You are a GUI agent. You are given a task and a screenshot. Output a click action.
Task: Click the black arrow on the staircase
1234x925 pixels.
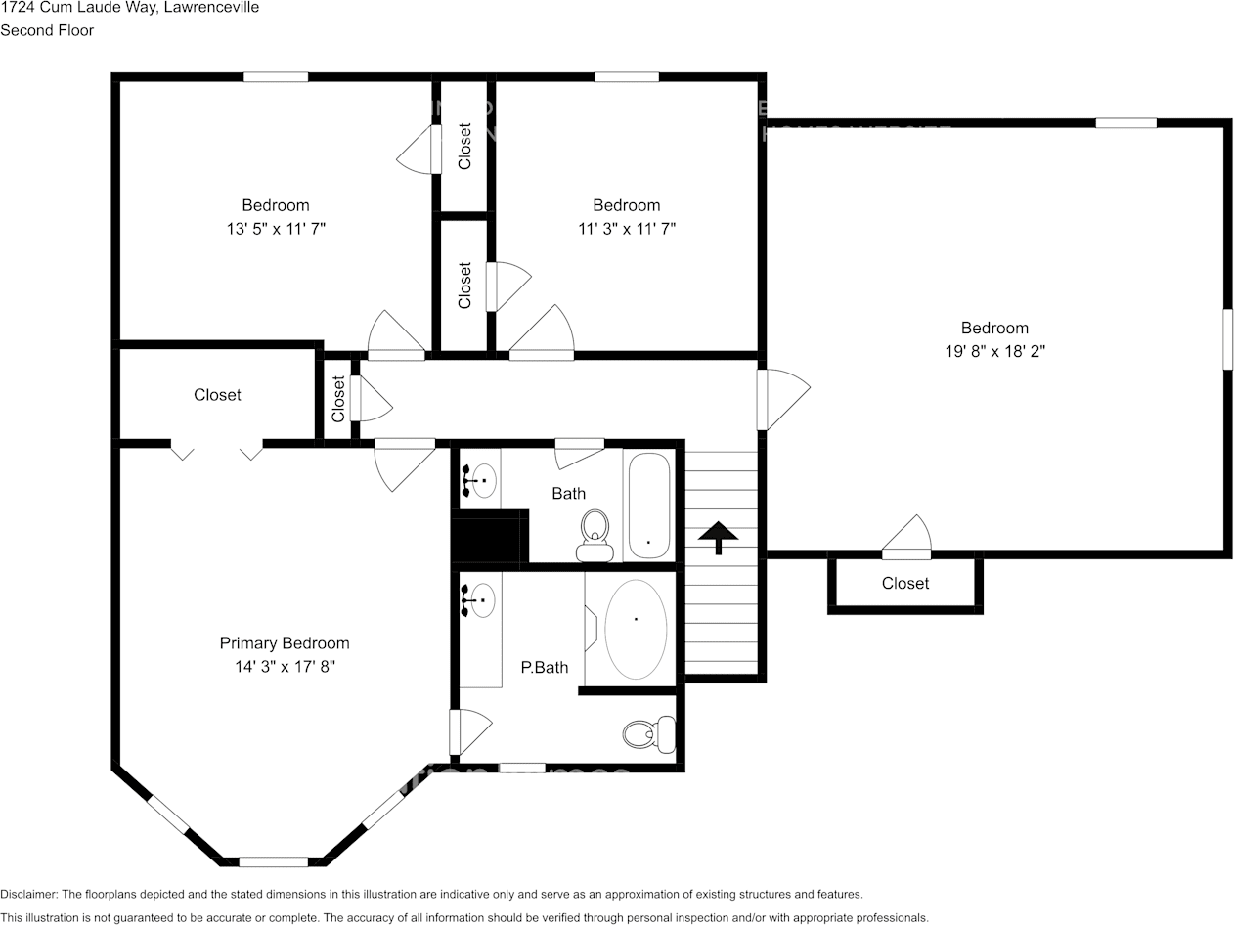tap(719, 537)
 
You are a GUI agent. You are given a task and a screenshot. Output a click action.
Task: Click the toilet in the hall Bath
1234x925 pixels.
tap(595, 536)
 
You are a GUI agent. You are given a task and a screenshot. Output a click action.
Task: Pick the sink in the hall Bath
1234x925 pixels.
tap(482, 480)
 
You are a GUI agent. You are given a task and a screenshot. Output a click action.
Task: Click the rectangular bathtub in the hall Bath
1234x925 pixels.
tap(647, 505)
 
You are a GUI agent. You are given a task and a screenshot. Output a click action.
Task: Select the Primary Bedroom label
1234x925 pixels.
tap(284, 643)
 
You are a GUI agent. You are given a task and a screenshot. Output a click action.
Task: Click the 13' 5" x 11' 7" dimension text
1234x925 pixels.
tap(276, 228)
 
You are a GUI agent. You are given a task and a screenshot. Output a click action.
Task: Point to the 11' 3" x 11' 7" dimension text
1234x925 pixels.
tap(627, 228)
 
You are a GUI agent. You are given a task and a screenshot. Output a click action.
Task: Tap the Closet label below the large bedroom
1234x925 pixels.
tap(905, 583)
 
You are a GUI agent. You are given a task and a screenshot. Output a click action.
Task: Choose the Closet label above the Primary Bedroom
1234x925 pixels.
tap(217, 395)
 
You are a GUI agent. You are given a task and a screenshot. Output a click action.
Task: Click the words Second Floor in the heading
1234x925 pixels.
tap(47, 30)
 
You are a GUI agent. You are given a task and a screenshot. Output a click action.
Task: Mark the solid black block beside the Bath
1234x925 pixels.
tap(489, 537)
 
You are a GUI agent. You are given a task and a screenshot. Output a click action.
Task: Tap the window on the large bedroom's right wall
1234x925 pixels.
tap(1227, 339)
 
